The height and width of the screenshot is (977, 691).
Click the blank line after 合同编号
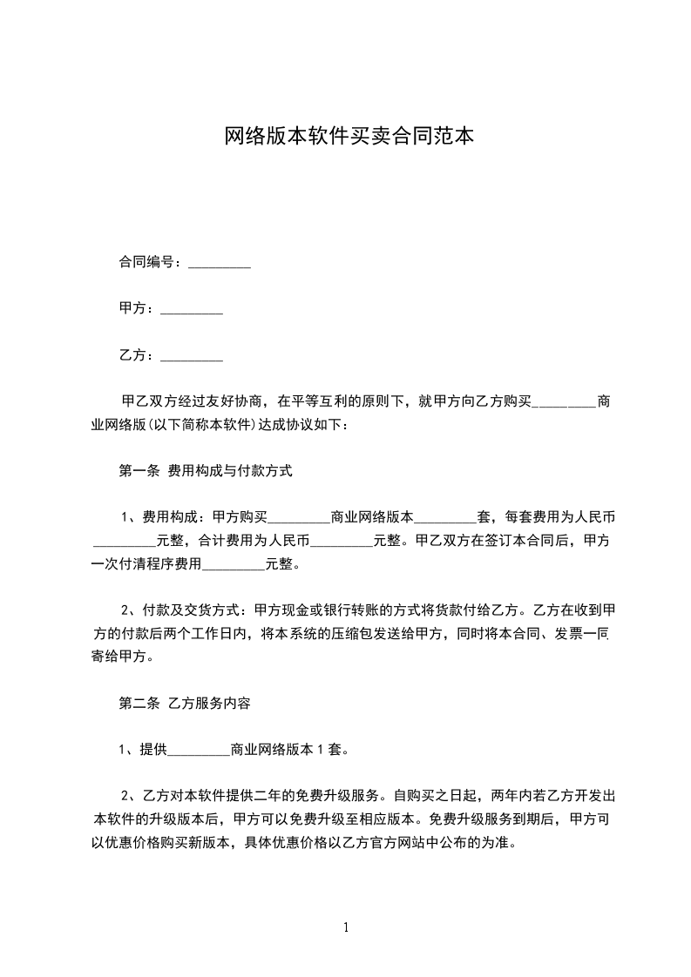220,263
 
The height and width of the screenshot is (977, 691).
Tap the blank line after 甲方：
192,310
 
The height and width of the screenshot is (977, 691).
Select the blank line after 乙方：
192,356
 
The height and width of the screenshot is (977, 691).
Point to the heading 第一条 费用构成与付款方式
205,472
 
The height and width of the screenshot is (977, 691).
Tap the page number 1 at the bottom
346,927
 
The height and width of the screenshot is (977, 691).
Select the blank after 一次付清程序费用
233,564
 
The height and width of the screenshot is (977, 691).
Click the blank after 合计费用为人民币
342,541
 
